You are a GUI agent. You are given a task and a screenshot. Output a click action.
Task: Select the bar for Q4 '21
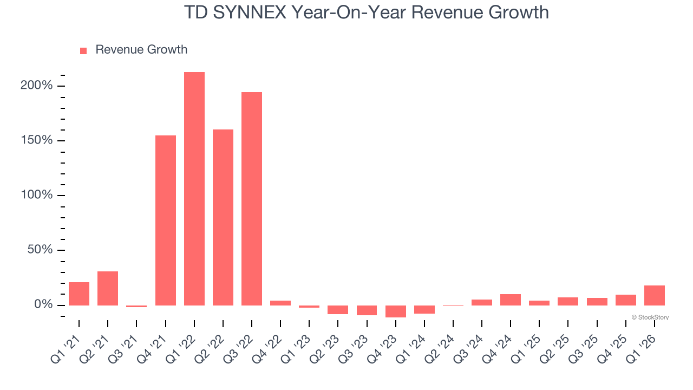(166, 220)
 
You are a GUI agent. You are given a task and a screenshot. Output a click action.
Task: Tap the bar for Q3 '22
(252, 199)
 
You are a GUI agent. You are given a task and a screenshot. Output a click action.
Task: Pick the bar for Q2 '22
(223, 217)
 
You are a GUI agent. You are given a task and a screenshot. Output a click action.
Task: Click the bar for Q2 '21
(108, 288)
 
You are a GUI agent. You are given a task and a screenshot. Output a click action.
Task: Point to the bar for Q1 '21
(79, 294)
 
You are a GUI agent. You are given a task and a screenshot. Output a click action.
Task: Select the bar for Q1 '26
(655, 295)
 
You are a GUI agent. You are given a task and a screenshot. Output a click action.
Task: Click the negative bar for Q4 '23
(396, 311)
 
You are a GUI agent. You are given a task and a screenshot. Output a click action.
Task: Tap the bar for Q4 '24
(511, 300)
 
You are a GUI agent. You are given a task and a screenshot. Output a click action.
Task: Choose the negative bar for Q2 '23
(338, 310)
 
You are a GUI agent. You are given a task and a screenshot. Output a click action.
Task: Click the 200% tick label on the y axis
(37, 86)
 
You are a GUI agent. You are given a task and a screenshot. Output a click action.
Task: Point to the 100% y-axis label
(37, 195)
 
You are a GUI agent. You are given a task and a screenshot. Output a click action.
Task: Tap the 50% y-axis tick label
(40, 250)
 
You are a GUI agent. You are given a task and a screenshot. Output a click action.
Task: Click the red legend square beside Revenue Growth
(83, 50)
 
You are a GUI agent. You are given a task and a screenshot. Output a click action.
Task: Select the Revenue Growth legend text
(141, 50)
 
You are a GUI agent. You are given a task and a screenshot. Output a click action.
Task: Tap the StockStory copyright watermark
(650, 317)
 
